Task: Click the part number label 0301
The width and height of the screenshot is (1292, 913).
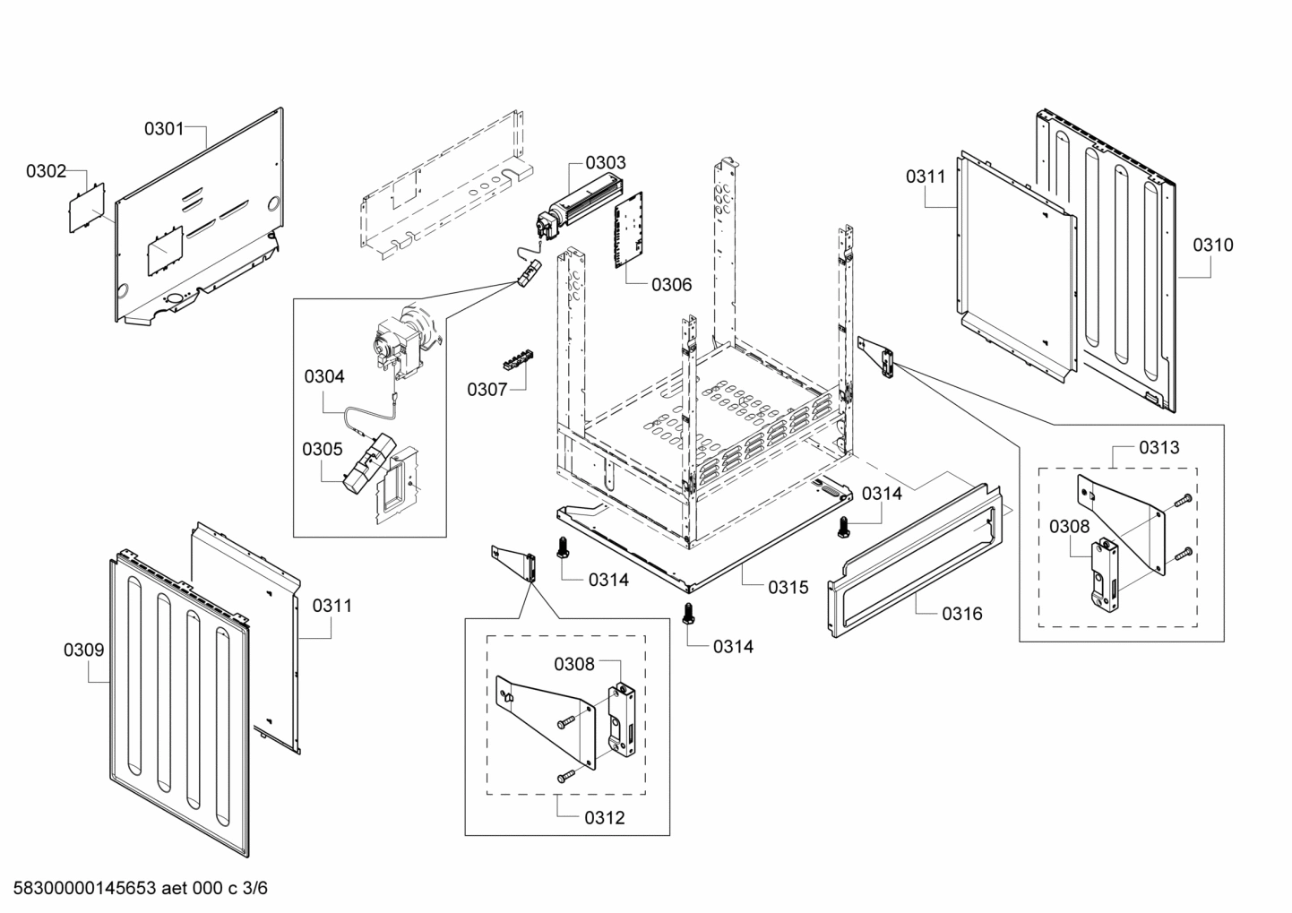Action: click(x=164, y=129)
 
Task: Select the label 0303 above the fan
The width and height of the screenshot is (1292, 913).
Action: click(x=606, y=163)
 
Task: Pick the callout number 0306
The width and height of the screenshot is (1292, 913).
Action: click(x=671, y=285)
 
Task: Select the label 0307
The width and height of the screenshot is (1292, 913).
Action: click(x=487, y=390)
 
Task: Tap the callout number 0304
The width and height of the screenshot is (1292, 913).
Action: click(x=324, y=377)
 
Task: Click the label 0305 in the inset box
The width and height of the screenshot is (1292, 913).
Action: click(x=322, y=449)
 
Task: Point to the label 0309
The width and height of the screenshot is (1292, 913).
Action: click(x=83, y=650)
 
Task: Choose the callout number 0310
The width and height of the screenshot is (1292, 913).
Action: click(x=1212, y=245)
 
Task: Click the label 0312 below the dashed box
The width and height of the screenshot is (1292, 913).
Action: click(x=604, y=818)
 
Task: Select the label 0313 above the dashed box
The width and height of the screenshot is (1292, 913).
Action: click(x=1158, y=447)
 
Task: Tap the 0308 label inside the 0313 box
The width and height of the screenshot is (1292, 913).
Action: click(x=1069, y=527)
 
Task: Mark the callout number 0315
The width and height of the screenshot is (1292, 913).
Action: click(x=788, y=588)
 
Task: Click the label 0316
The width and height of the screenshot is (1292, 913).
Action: click(x=961, y=614)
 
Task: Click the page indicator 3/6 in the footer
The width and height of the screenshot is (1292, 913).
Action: click(x=254, y=889)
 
